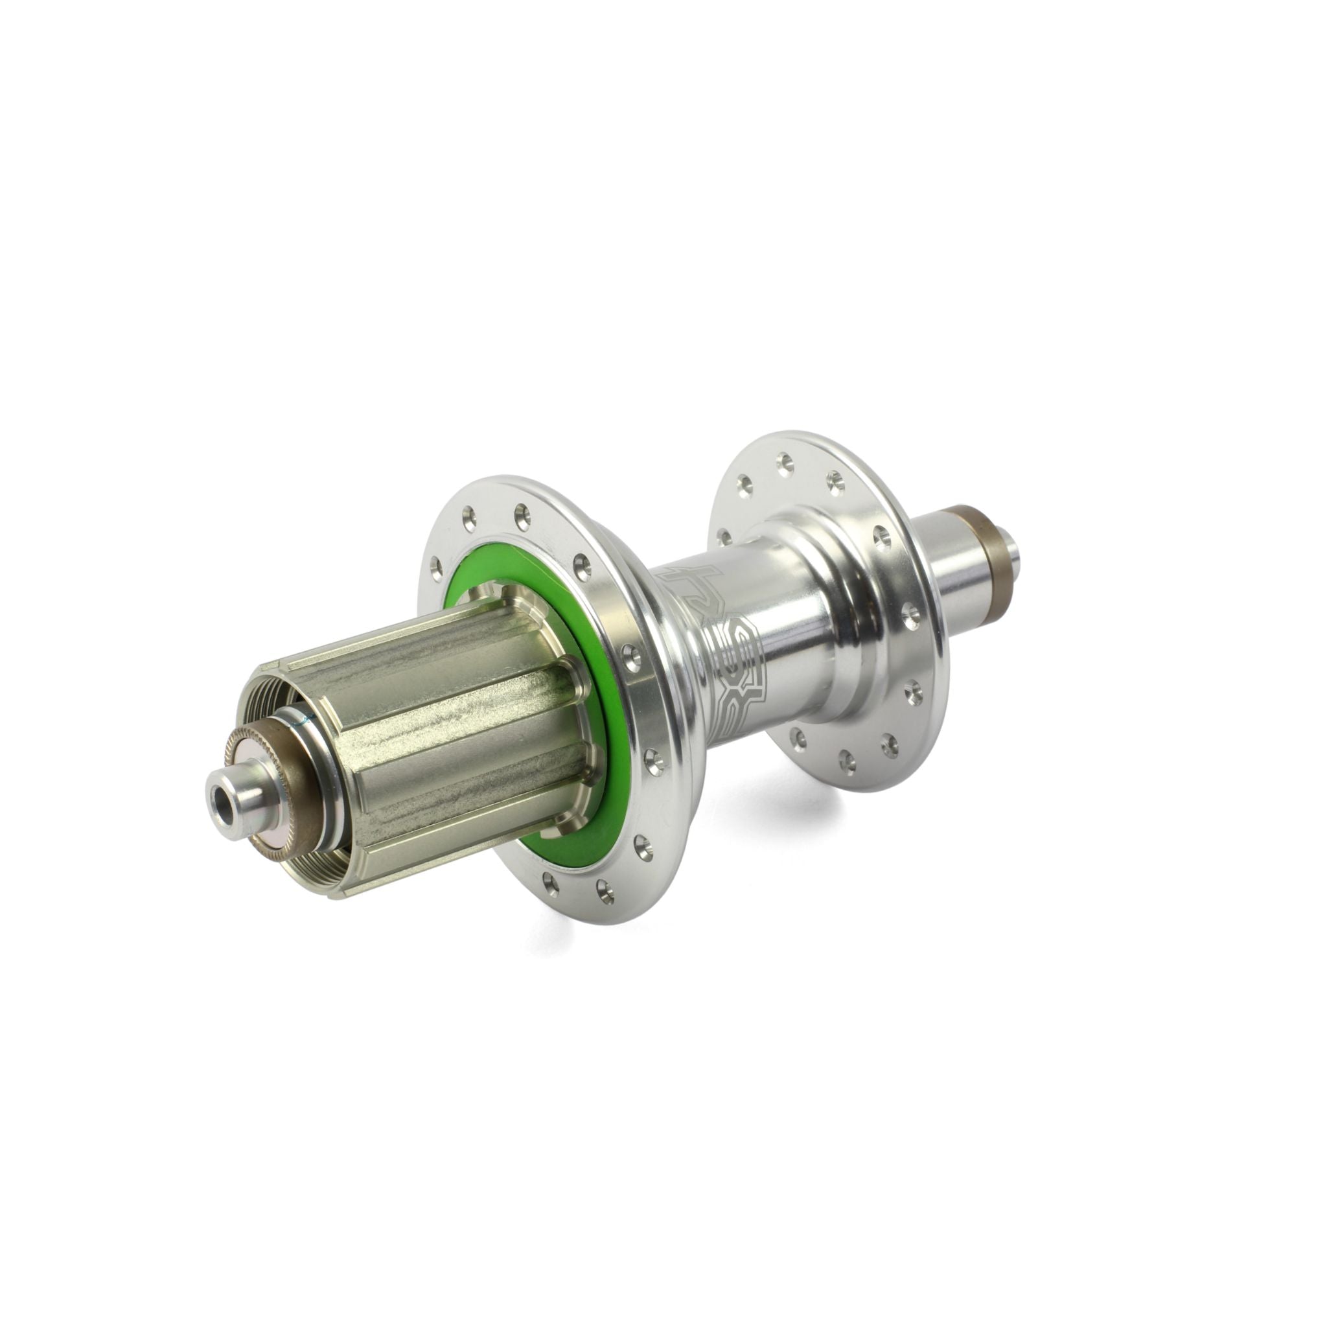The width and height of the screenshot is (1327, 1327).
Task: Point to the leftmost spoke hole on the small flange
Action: click(x=724, y=535)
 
